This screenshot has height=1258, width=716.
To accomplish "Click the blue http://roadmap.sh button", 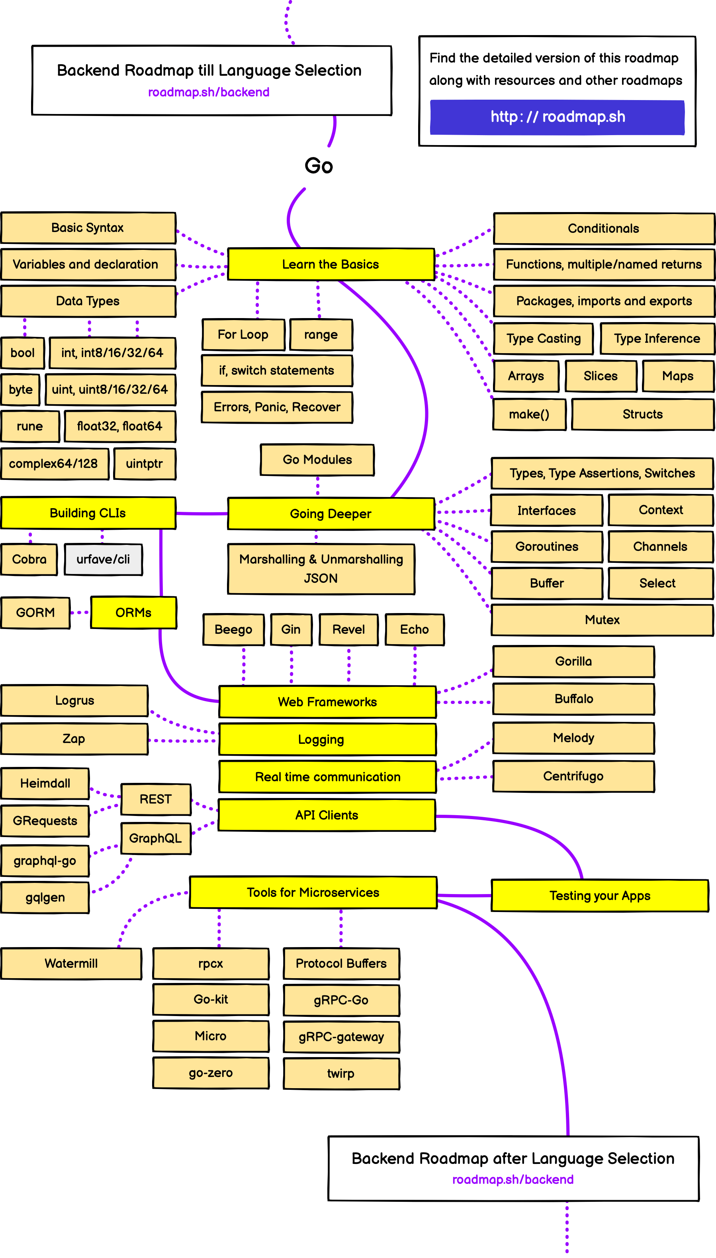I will (x=557, y=117).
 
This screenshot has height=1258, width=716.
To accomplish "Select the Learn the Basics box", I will (x=331, y=264).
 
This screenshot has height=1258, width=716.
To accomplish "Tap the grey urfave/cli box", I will (x=103, y=559).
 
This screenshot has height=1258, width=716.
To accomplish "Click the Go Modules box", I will (x=317, y=460).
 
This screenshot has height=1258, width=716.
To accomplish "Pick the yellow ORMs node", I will (x=133, y=612).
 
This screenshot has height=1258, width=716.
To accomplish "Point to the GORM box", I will (x=35, y=612).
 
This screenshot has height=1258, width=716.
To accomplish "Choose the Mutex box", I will (x=602, y=620).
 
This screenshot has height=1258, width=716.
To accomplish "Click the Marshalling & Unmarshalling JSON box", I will (x=321, y=568).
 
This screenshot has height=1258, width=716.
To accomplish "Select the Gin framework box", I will (x=291, y=629).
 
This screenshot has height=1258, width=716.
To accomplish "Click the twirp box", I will (x=341, y=1073).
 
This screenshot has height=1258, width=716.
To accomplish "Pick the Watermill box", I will (x=71, y=963).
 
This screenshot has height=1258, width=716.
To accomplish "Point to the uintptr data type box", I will (x=144, y=463).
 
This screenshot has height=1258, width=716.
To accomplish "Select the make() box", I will (x=529, y=414).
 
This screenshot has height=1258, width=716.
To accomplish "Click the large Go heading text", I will (x=319, y=166).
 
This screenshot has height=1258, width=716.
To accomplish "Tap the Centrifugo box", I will (x=573, y=776).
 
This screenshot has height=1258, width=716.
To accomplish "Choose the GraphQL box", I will (x=155, y=838).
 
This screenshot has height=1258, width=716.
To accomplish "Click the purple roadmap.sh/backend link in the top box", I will (x=209, y=92).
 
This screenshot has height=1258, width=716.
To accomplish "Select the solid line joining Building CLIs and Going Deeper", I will (x=201, y=513).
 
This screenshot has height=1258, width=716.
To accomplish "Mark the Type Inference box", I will (x=657, y=339).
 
